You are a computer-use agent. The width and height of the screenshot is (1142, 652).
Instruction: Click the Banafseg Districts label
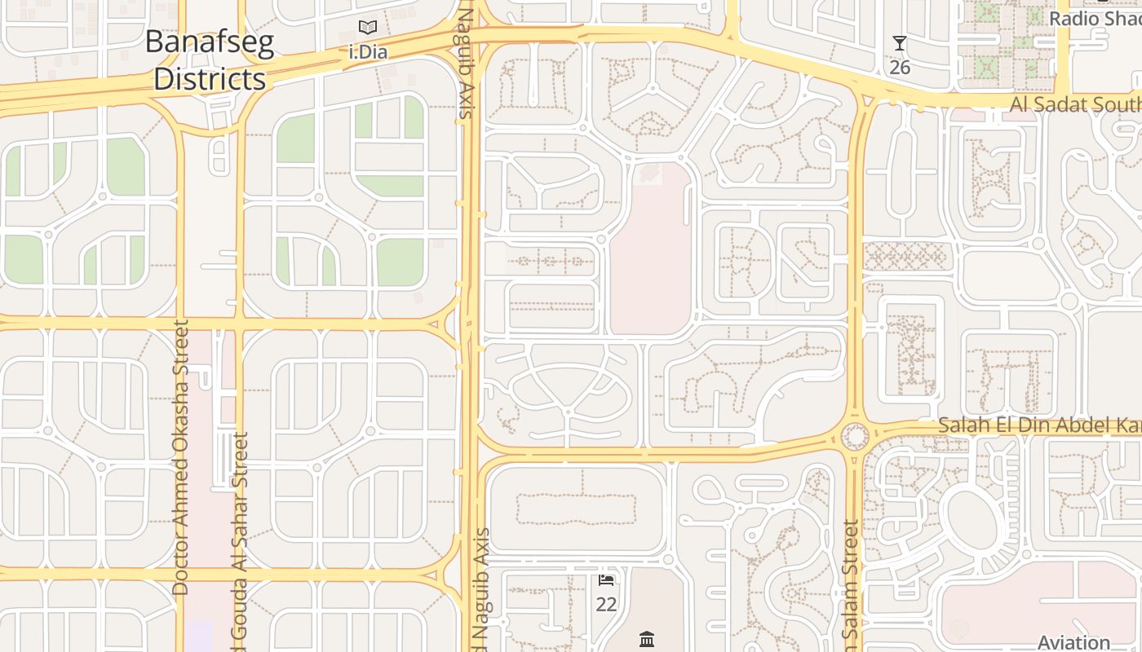(x=209, y=60)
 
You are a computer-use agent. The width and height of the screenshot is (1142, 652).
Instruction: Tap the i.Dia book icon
(x=368, y=28)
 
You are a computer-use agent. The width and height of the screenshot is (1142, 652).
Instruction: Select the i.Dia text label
(x=368, y=52)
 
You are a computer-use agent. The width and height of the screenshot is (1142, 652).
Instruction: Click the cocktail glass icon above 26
(x=899, y=44)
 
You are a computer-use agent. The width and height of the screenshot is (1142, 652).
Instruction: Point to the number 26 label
(x=900, y=67)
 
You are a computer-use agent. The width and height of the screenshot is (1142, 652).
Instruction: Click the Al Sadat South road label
(x=1075, y=104)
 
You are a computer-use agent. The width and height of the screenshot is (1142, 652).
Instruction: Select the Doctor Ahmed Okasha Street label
(x=181, y=456)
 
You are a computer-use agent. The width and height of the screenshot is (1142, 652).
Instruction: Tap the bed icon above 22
(x=606, y=580)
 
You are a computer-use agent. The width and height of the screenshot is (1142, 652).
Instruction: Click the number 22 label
(x=606, y=604)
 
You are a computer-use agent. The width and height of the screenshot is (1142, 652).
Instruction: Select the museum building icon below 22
(x=647, y=639)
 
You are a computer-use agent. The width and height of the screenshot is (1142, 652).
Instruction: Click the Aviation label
(x=1073, y=642)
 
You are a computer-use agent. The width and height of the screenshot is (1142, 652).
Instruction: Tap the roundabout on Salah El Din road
(x=854, y=436)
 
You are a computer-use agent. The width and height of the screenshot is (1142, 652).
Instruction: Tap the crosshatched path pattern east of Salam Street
(x=905, y=256)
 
